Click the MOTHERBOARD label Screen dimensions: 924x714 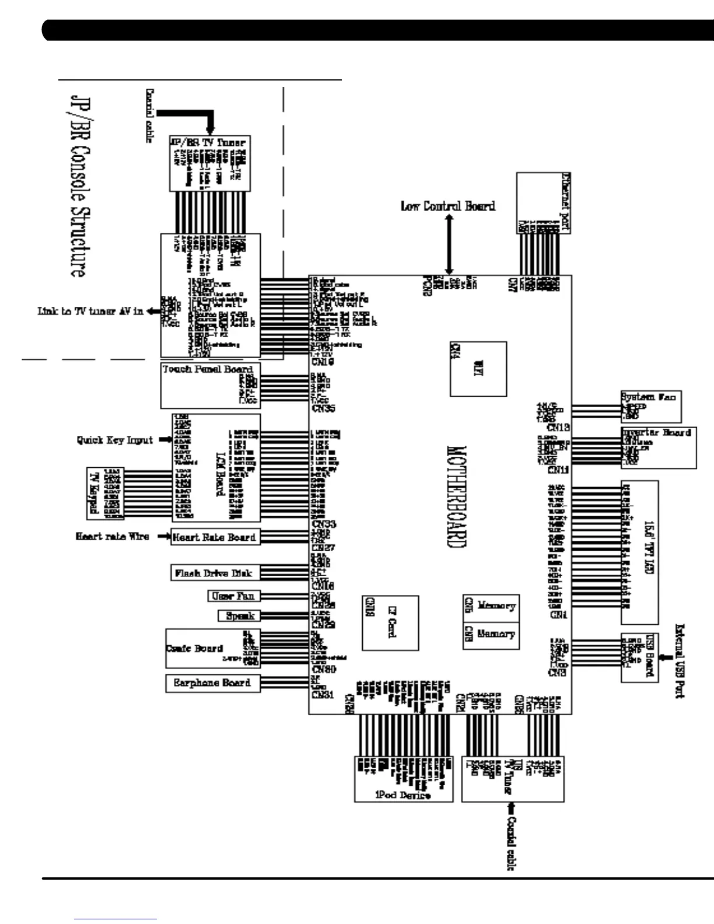[457, 496]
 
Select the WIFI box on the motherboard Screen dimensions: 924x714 [478, 369]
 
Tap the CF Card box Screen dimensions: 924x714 [390, 622]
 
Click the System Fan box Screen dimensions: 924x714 [650, 406]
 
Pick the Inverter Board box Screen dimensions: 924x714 [659, 447]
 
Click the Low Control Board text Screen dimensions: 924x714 [447, 206]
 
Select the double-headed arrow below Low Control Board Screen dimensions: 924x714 [449, 244]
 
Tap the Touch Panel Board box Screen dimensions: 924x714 [210, 385]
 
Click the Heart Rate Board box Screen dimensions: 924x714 [214, 537]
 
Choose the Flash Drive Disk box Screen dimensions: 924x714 [214, 573]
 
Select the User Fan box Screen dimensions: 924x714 [233, 596]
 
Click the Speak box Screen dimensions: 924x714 [240, 616]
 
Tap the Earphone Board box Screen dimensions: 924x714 [212, 683]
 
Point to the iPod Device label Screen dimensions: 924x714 [403, 795]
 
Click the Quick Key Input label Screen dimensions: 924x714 [114, 440]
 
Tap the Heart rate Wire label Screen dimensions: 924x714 [112, 536]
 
